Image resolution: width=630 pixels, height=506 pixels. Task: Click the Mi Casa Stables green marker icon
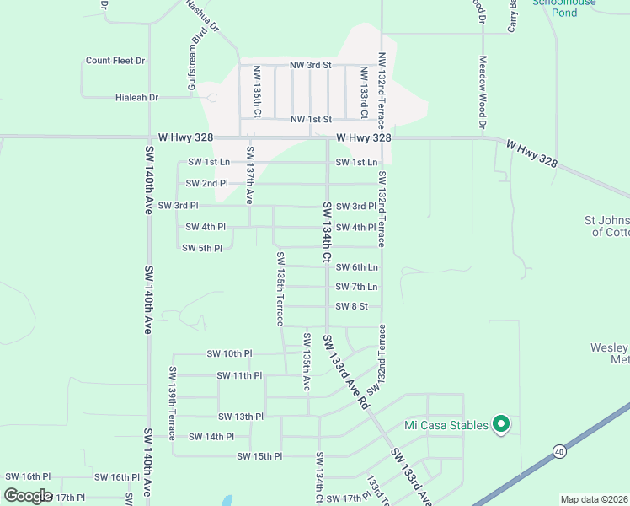501,425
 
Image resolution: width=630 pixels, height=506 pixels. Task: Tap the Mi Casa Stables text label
446,425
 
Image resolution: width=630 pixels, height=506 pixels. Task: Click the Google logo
28,496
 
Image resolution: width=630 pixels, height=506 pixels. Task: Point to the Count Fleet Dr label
115,61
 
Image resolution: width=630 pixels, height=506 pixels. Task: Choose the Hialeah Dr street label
136,98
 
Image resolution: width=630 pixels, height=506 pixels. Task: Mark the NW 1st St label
311,120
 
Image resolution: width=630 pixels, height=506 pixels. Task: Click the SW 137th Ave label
249,175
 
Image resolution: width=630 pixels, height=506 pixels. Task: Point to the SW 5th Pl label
202,248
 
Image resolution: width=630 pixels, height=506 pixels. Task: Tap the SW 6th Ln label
356,267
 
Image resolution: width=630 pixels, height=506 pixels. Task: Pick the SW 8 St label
352,306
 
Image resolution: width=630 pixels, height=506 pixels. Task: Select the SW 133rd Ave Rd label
345,372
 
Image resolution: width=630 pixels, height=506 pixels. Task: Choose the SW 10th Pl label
229,354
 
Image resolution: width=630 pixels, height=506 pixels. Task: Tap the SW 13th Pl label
241,417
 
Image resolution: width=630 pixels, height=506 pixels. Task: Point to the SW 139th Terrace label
171,397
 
